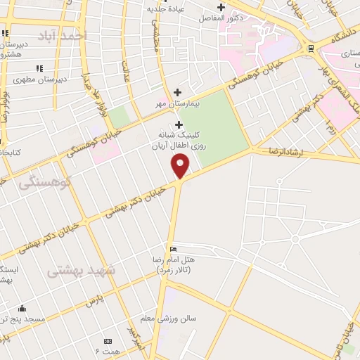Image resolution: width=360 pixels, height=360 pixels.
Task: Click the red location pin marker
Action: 181,166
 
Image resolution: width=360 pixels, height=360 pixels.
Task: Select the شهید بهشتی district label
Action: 80,270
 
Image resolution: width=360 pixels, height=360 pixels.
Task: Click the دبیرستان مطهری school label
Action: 43,79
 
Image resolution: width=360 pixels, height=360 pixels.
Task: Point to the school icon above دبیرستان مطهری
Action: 39,68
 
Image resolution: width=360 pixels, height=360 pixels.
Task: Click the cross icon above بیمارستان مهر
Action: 177,92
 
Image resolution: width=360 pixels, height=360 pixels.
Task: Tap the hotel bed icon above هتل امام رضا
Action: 174,250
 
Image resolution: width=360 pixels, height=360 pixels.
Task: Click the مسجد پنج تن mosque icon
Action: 22,309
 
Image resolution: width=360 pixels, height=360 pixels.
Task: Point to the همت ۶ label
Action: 108,350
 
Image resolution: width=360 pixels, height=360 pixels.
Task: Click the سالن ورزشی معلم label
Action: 168,319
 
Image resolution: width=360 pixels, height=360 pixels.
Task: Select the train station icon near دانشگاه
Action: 311,49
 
